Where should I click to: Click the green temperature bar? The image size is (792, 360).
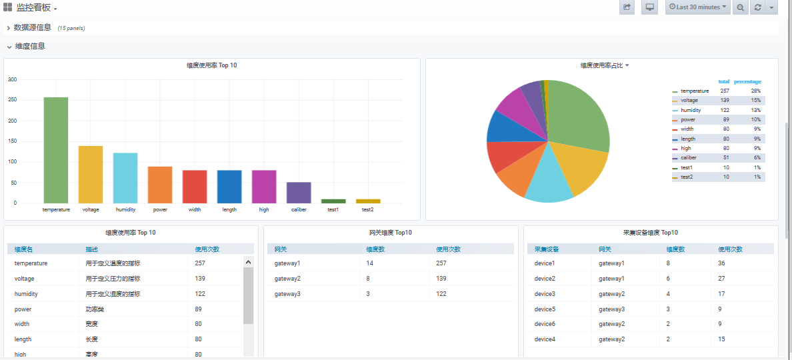click(x=56, y=150)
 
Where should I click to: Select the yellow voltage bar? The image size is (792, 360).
click(x=91, y=174)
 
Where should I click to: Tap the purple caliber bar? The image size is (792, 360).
click(x=299, y=192)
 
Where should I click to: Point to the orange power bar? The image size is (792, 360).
click(x=160, y=185)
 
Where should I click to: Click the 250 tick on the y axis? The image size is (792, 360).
click(x=13, y=100)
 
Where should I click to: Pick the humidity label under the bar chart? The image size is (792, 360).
click(x=125, y=209)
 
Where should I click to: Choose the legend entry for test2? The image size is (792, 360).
click(x=687, y=177)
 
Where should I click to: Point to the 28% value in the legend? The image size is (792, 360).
click(x=756, y=91)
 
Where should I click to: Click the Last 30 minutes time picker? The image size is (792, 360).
click(x=697, y=7)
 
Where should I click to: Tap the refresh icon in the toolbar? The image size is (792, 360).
click(x=757, y=7)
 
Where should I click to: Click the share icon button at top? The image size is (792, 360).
click(x=627, y=7)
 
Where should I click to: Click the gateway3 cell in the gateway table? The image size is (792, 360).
click(x=287, y=294)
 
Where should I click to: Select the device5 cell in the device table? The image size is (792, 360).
click(x=545, y=309)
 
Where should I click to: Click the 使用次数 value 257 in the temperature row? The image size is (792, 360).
click(x=199, y=263)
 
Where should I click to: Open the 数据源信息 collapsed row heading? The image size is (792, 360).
click(x=33, y=27)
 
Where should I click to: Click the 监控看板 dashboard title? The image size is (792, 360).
click(x=33, y=7)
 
